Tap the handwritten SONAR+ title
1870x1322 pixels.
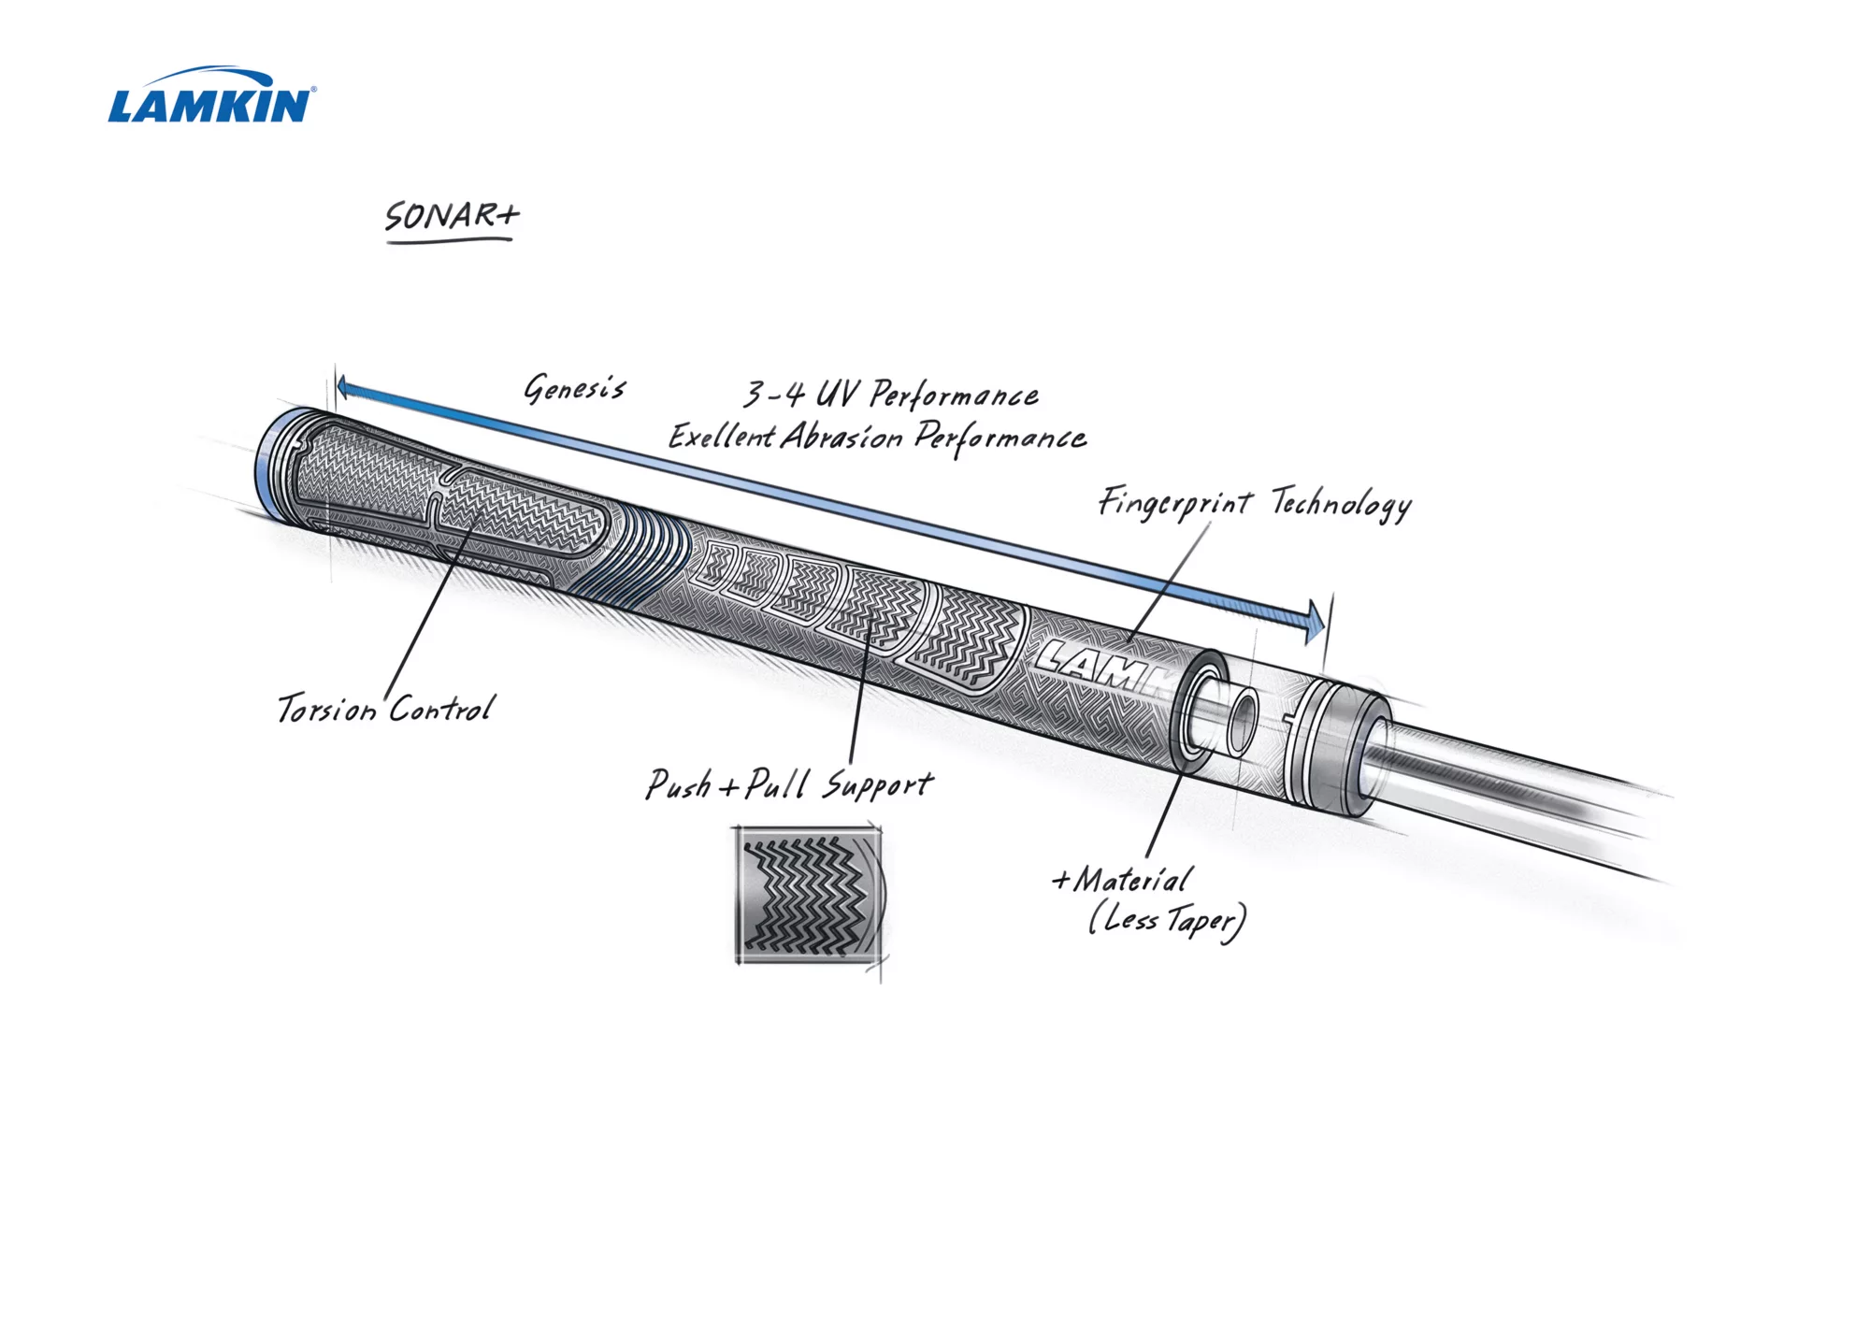(x=452, y=216)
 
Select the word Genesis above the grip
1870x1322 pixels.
(x=574, y=388)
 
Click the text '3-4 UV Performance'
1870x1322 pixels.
(x=890, y=395)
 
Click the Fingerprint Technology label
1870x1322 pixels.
(x=1254, y=504)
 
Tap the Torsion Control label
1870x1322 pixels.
(x=385, y=709)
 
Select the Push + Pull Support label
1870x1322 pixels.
(x=789, y=784)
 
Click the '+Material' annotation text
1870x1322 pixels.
(x=1122, y=880)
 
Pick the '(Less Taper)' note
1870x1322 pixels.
(x=1167, y=921)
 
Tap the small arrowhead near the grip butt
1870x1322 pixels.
(x=343, y=387)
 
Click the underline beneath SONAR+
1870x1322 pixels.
(x=450, y=241)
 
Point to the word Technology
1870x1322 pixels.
(x=1341, y=505)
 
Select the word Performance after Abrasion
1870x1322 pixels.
(x=1000, y=438)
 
